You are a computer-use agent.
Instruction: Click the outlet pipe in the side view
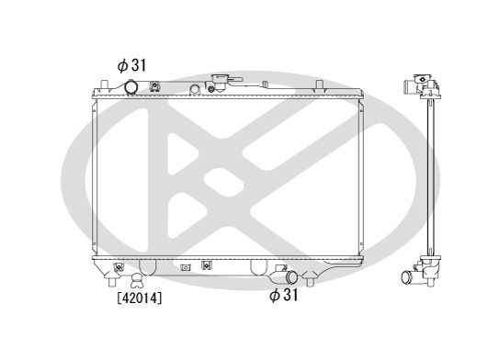[410, 276]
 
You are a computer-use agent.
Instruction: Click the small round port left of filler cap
[195, 89]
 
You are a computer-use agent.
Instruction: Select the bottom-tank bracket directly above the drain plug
[119, 267]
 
